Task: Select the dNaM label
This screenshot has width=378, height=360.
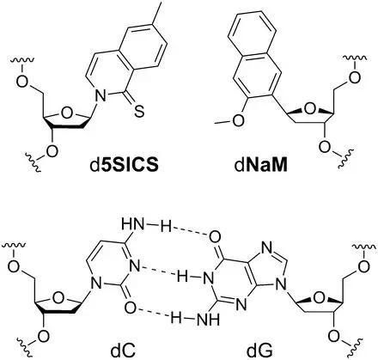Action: pyautogui.click(x=260, y=166)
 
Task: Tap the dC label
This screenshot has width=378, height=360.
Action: pyautogui.click(x=124, y=350)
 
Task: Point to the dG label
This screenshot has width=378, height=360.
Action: pyautogui.click(x=259, y=350)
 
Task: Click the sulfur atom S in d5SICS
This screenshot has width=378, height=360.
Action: pyautogui.click(x=139, y=113)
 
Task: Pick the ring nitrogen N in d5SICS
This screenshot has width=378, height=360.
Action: pyautogui.click(x=101, y=96)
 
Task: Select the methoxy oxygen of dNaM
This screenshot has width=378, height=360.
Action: pyautogui.click(x=238, y=120)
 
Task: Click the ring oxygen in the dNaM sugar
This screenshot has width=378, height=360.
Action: pyautogui.click(x=309, y=108)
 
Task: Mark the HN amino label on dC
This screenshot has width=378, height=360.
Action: pyautogui.click(x=132, y=224)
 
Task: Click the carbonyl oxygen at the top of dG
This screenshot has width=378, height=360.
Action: pyautogui.click(x=215, y=237)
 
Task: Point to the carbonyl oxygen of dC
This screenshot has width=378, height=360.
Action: pyautogui.click(x=131, y=308)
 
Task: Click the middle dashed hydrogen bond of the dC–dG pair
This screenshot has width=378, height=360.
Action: pyautogui.click(x=157, y=272)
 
